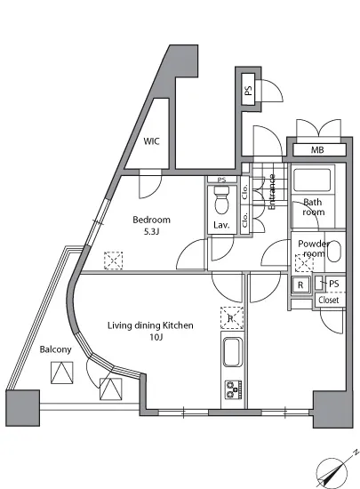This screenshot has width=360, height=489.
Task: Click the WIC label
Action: click(x=151, y=141)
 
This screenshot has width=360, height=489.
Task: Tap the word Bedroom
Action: click(x=151, y=220)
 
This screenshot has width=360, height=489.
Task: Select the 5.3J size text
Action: click(x=151, y=232)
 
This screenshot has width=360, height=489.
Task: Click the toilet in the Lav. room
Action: click(x=221, y=200)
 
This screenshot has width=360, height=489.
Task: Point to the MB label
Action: click(x=317, y=150)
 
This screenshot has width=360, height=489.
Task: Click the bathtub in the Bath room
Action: click(x=312, y=180)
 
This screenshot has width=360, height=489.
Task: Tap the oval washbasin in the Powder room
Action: click(x=334, y=252)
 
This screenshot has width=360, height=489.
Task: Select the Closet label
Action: click(x=329, y=300)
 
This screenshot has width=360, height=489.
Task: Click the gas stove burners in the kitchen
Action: click(x=234, y=389)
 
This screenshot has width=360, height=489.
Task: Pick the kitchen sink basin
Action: click(x=233, y=352)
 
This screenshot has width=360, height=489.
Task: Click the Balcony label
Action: click(x=55, y=349)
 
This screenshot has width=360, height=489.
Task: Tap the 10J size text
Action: click(x=156, y=337)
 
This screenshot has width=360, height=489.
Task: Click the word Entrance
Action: click(x=272, y=192)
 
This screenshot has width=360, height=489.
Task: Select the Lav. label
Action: click(x=221, y=225)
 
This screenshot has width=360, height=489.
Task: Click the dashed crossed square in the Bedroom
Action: click(x=113, y=261)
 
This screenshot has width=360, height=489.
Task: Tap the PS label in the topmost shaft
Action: click(x=248, y=91)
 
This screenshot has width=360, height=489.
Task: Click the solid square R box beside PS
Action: click(x=300, y=285)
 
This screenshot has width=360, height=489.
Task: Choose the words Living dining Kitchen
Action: click(x=150, y=325)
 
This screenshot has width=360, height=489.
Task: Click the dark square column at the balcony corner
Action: click(x=23, y=408)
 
